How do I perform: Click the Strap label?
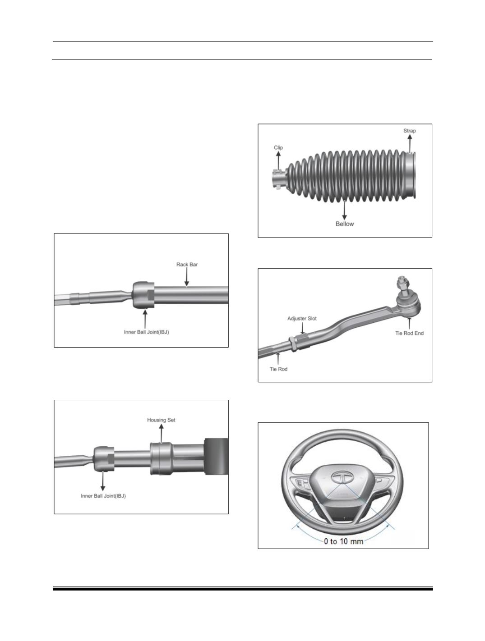(409, 131)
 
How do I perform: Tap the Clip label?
(278, 147)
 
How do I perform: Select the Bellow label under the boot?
(345, 224)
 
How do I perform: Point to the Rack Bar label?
(187, 264)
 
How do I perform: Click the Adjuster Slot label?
(302, 318)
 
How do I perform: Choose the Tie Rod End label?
(409, 333)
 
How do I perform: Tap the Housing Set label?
(161, 420)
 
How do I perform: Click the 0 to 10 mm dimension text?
(343, 541)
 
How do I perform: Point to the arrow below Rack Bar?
(187, 277)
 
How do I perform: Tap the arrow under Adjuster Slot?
(303, 328)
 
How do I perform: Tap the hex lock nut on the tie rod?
(291, 344)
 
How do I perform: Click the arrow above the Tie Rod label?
(278, 358)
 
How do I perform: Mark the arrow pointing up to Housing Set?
(161, 433)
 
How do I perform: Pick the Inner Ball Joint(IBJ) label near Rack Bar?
(146, 332)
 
